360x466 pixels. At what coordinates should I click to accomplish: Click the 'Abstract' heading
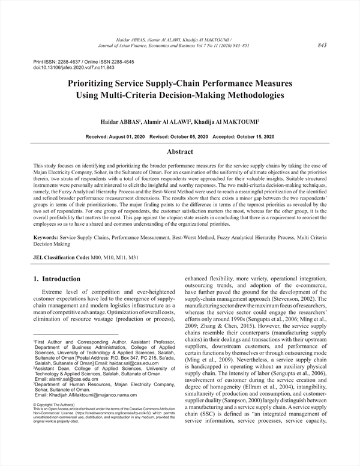[179, 153]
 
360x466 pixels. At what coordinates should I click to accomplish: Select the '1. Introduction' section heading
[57, 279]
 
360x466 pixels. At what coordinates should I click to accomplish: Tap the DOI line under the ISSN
[69, 68]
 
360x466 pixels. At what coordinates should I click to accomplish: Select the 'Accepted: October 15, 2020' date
[244, 137]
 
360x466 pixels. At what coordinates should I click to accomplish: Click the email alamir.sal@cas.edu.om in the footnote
[66, 380]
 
